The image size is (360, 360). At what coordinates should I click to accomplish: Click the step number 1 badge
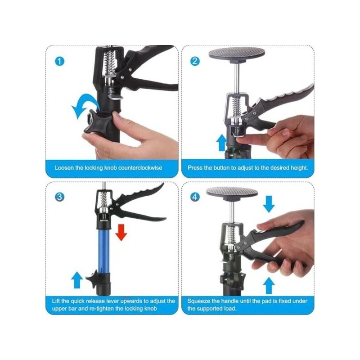[60, 61]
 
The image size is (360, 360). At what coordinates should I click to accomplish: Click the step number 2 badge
[195, 61]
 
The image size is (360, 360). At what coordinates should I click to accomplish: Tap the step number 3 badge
[60, 197]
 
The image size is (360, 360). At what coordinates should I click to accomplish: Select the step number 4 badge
[195, 197]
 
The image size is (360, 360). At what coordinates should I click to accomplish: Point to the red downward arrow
[121, 232]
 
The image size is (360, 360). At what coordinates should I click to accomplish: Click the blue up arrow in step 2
[221, 143]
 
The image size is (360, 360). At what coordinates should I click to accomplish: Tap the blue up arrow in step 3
[77, 280]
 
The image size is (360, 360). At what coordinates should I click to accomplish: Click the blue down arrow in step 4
[269, 204]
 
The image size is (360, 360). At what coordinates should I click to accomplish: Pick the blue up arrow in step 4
[269, 286]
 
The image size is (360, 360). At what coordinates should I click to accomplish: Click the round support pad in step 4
[232, 193]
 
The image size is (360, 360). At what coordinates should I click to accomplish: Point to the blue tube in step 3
[103, 251]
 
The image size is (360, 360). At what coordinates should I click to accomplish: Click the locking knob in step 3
[93, 279]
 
